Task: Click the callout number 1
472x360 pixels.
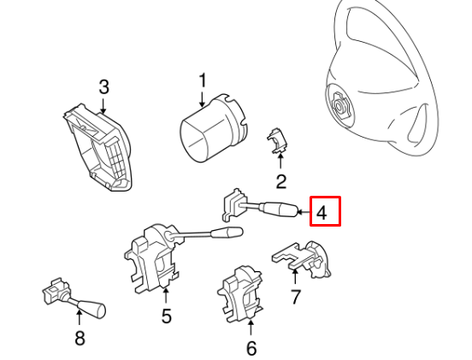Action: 203,81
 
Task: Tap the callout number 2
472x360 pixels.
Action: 280,180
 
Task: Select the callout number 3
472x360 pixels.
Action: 103,86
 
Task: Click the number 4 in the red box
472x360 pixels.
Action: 322,211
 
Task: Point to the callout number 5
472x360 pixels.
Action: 166,316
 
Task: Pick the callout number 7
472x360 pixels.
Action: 296,298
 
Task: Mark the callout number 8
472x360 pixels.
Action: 80,338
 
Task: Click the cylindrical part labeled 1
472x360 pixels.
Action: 209,133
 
